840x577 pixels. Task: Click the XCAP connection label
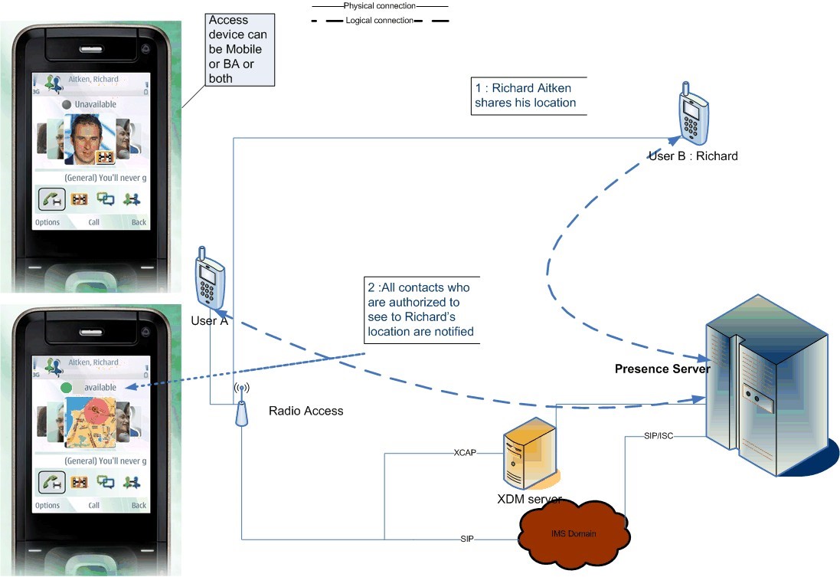(x=465, y=453)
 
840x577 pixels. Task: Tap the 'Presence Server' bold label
(x=662, y=369)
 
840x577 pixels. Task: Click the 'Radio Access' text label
(x=306, y=411)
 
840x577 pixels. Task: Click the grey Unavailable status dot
(x=67, y=104)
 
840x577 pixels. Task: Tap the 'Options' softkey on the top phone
(x=47, y=222)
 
